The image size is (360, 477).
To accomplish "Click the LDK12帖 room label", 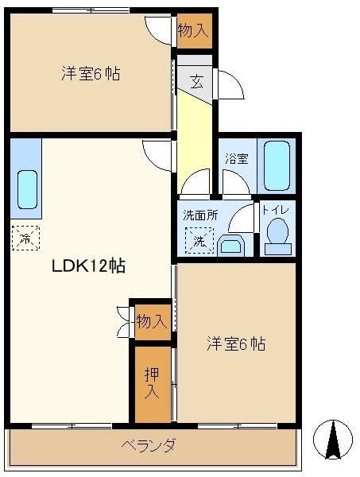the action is pos(88,266).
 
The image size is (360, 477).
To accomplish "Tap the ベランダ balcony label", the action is pos(149,446).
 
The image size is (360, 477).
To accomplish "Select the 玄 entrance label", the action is pos(197,81).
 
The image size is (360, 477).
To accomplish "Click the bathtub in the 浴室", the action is pos(277,166).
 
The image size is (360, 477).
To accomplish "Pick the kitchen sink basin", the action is pos(27,189).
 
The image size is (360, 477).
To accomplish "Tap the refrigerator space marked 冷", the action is pos(25,238).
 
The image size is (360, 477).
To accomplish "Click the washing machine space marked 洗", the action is pos(199,241).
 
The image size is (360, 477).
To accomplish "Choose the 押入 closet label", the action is pos(152,382).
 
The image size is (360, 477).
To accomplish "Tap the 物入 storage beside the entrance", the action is pos(194,30).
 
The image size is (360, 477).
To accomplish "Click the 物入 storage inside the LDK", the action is pos(152,321).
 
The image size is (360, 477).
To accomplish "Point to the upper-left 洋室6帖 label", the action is pos(91,74).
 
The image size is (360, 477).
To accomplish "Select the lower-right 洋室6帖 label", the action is pos(236,343).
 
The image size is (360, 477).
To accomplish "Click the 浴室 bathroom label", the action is pos(237,158).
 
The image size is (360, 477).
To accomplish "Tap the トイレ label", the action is pos(276,210).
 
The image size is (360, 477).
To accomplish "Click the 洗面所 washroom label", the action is pos(201,215).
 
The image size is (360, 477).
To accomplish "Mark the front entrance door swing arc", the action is pos(237,79).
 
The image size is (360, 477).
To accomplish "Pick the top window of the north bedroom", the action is pos(91,10).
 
